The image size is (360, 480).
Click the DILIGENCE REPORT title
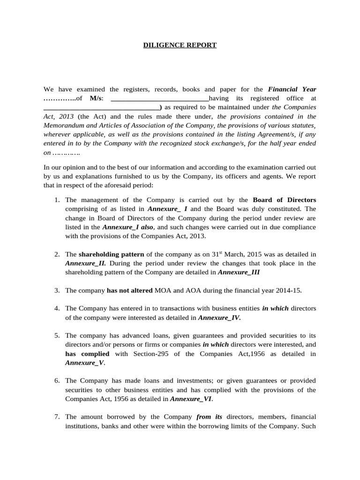180,45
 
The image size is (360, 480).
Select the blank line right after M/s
158,98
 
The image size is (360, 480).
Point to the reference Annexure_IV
219,317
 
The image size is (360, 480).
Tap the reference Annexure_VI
191,398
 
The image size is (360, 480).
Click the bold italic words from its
210,416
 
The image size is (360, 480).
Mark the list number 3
56,291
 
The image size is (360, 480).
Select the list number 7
56,416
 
